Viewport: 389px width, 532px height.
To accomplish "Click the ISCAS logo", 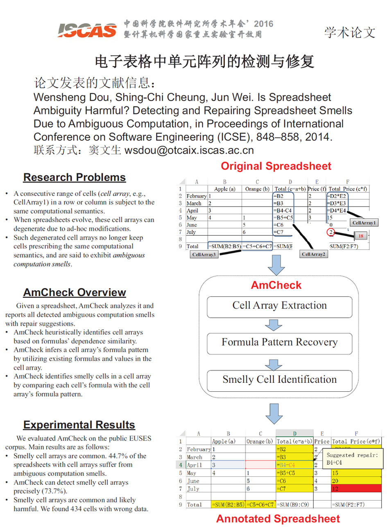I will point(87,29).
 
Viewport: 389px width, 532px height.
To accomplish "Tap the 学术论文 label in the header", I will point(350,32).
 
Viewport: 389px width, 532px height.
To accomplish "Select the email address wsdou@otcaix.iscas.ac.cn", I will point(189,150).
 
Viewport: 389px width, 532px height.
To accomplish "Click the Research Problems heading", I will point(75,177).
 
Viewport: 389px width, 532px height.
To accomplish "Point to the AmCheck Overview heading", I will point(75,292).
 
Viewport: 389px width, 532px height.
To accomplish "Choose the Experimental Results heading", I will point(79,424).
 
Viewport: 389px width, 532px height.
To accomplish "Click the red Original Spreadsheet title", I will point(276,166).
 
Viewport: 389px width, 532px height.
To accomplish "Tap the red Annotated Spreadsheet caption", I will point(278,519).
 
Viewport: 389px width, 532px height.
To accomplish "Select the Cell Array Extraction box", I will point(279,305).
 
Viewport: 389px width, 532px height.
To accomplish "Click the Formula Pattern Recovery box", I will point(279,342).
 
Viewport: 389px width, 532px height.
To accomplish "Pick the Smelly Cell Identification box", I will point(279,379).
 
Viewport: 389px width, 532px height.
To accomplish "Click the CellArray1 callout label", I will point(363,223).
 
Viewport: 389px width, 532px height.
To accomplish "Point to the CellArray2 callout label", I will point(313,254).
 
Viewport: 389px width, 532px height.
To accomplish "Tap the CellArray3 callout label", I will point(204,255).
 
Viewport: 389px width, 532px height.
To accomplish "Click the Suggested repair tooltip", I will point(353,459).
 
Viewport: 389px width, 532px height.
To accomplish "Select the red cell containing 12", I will point(355,489).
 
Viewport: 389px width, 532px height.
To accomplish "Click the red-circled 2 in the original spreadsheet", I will point(331,232).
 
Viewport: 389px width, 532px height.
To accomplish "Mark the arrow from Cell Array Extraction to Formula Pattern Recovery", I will point(274,325).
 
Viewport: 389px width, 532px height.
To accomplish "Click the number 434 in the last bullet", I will point(82,509).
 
